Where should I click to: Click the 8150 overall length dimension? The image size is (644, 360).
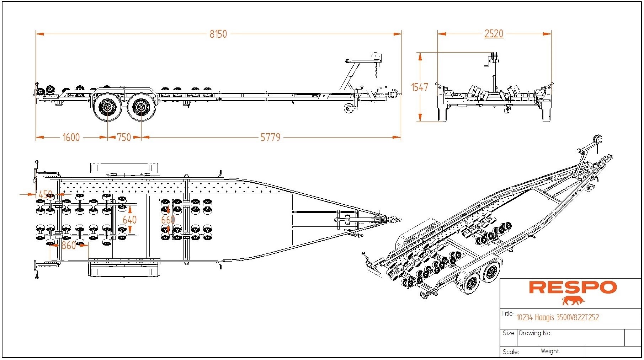[218, 34]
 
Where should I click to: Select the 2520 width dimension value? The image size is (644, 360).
[494, 34]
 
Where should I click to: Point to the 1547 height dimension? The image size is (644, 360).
[420, 87]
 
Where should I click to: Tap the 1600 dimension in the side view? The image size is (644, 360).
[71, 137]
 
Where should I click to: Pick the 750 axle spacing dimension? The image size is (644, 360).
[124, 137]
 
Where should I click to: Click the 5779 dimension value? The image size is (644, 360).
[271, 137]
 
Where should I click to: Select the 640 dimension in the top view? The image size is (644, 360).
[129, 220]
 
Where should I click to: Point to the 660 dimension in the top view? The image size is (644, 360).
[168, 220]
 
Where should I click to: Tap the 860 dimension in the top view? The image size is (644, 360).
[69, 245]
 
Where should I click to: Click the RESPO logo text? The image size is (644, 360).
[573, 288]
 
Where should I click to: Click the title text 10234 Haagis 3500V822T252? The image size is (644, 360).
[558, 317]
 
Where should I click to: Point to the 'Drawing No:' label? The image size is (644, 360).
[535, 333]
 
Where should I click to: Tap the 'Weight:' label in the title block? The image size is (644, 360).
[550, 351]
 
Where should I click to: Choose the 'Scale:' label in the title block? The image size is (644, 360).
[511, 352]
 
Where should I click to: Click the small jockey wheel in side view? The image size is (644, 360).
[349, 108]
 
